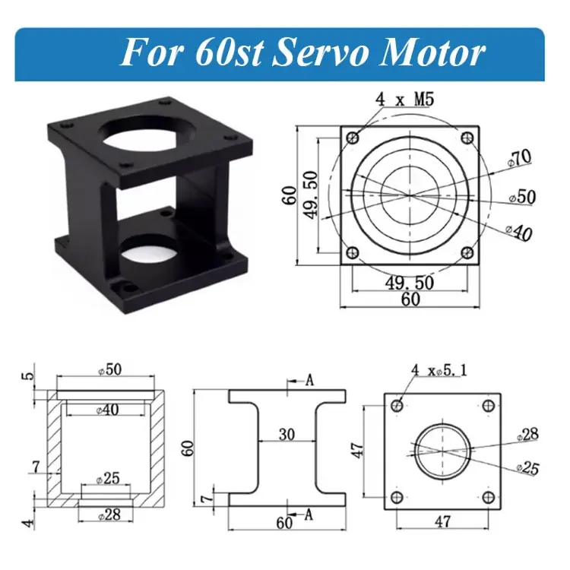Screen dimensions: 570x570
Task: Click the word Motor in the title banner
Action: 431,54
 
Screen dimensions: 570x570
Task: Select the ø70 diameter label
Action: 520,159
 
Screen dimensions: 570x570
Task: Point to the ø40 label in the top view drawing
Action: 519,232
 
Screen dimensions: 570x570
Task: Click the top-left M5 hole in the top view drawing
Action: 353,138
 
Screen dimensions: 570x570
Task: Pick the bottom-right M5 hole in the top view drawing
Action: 467,252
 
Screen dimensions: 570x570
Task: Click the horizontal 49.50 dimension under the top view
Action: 410,283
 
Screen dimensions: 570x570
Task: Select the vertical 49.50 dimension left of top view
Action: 311,195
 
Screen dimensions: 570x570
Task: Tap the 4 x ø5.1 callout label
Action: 439,370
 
